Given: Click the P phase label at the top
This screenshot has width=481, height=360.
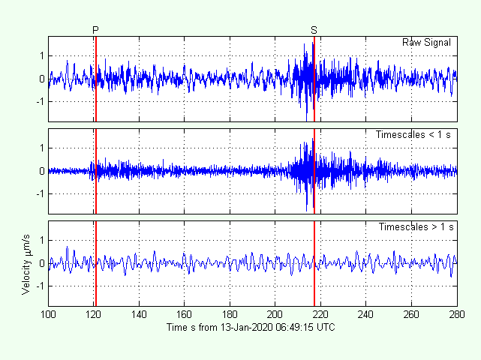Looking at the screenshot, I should point(95,29).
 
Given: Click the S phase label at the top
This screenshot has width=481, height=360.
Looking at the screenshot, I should point(314,29).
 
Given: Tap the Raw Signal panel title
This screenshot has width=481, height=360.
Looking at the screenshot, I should point(426,43).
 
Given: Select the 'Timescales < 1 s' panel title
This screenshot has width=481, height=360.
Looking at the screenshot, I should point(413,135).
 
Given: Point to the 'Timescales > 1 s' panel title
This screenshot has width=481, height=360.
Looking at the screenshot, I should point(415,227).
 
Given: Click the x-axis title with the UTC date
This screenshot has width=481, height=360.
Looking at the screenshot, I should point(252,328).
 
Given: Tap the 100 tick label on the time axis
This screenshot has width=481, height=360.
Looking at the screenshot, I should point(49,315).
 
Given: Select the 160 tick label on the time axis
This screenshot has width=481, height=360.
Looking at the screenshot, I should point(185,315).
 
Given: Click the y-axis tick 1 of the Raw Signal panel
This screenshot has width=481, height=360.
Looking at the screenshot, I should point(42,55).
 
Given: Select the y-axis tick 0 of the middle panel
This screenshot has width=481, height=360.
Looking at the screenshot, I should point(42,171).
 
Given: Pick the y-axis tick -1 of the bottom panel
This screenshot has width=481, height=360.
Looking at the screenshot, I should point(40,286).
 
